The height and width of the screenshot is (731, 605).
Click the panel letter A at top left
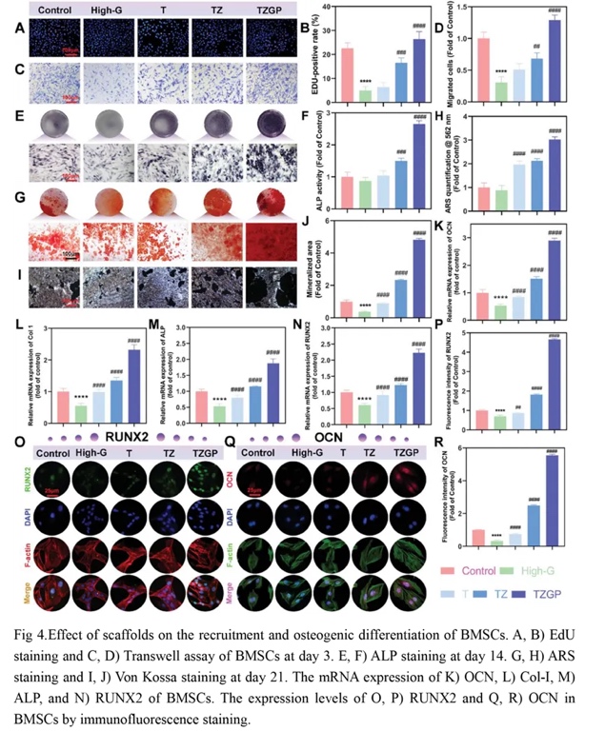(20, 28)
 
